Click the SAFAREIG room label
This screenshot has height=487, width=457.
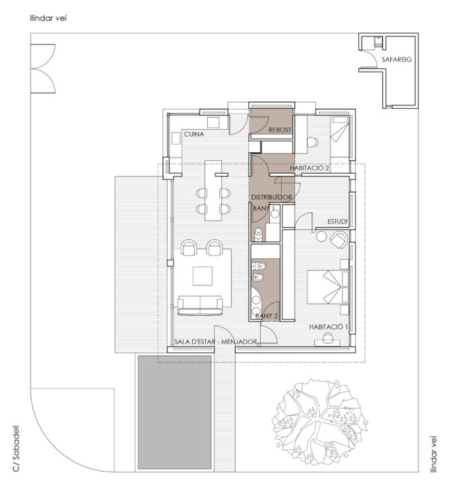point(396,60)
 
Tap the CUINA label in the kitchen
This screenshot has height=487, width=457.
point(194,134)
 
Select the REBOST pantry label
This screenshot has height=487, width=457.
point(280,130)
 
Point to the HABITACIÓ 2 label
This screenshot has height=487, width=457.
point(309,168)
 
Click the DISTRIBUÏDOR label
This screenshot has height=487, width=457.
point(271,198)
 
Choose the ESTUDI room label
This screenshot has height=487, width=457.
point(337,221)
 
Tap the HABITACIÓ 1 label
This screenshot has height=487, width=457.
point(328,327)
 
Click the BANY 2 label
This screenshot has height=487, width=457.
point(267,316)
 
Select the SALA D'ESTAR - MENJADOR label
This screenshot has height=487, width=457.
point(215,342)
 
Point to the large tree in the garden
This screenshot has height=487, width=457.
point(320,421)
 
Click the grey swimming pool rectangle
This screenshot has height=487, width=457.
point(175,413)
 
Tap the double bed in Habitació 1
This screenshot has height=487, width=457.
point(328,287)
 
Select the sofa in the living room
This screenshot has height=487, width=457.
point(200,306)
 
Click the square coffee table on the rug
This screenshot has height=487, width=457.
point(202,276)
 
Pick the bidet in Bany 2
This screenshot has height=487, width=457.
point(259,277)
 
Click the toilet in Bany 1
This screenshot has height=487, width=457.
point(259,234)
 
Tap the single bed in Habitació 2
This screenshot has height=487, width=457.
point(340,137)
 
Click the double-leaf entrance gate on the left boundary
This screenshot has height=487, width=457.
point(43,68)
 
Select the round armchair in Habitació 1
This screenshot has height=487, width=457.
point(339,239)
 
